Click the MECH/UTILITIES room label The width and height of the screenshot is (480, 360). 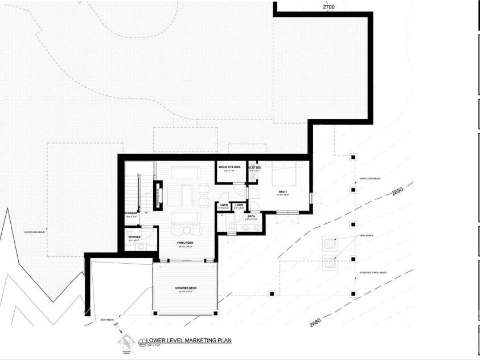229,167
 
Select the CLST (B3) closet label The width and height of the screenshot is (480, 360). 255,167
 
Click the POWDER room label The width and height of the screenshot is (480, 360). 134,237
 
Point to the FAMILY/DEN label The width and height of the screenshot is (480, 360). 186,243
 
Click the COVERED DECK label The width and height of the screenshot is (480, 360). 186,288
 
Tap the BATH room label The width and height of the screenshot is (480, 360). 251,216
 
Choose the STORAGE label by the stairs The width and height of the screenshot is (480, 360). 132,214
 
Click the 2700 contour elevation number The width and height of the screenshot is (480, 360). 329,7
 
